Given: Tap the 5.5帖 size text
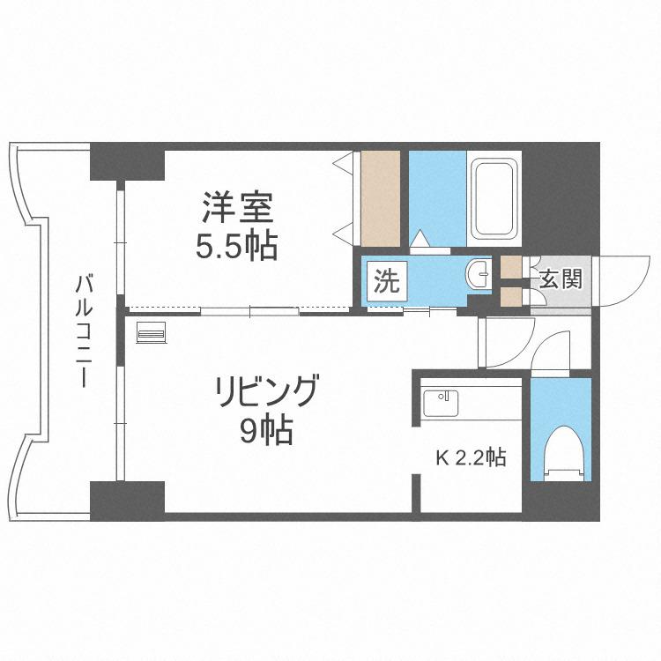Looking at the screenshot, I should click(x=236, y=247).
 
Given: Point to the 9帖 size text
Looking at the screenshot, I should click(x=266, y=431).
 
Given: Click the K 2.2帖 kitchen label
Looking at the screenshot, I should click(x=472, y=458).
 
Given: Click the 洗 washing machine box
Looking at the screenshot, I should click(x=387, y=283).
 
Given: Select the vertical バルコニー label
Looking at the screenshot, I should click(x=85, y=330).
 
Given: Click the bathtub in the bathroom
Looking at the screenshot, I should click(x=494, y=198).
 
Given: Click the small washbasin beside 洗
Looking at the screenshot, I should click(x=479, y=274).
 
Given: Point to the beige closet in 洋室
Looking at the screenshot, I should click(x=381, y=198).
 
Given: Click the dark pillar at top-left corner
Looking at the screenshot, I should click(x=128, y=160).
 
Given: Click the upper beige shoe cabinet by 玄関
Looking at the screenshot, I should click(x=510, y=266).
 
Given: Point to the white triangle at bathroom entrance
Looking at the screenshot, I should click(x=421, y=238).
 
